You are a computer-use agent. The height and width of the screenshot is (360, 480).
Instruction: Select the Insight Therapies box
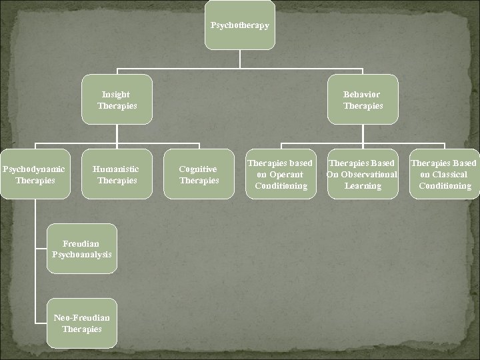(x=117, y=100)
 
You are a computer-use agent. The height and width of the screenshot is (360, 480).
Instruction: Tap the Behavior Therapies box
(x=363, y=100)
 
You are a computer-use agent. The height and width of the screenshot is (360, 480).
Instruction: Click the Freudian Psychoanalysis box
(x=82, y=249)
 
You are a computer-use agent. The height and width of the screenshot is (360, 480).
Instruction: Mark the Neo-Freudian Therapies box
(x=82, y=323)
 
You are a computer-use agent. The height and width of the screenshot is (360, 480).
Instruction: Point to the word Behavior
(x=363, y=95)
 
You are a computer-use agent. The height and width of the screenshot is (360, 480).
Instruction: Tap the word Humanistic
(x=117, y=169)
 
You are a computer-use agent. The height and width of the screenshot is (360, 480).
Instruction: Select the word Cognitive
(x=199, y=169)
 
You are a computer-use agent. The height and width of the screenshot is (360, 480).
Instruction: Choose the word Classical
(x=451, y=175)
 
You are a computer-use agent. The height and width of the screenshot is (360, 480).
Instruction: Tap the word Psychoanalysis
(x=82, y=255)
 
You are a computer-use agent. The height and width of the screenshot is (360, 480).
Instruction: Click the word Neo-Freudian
(x=82, y=318)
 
